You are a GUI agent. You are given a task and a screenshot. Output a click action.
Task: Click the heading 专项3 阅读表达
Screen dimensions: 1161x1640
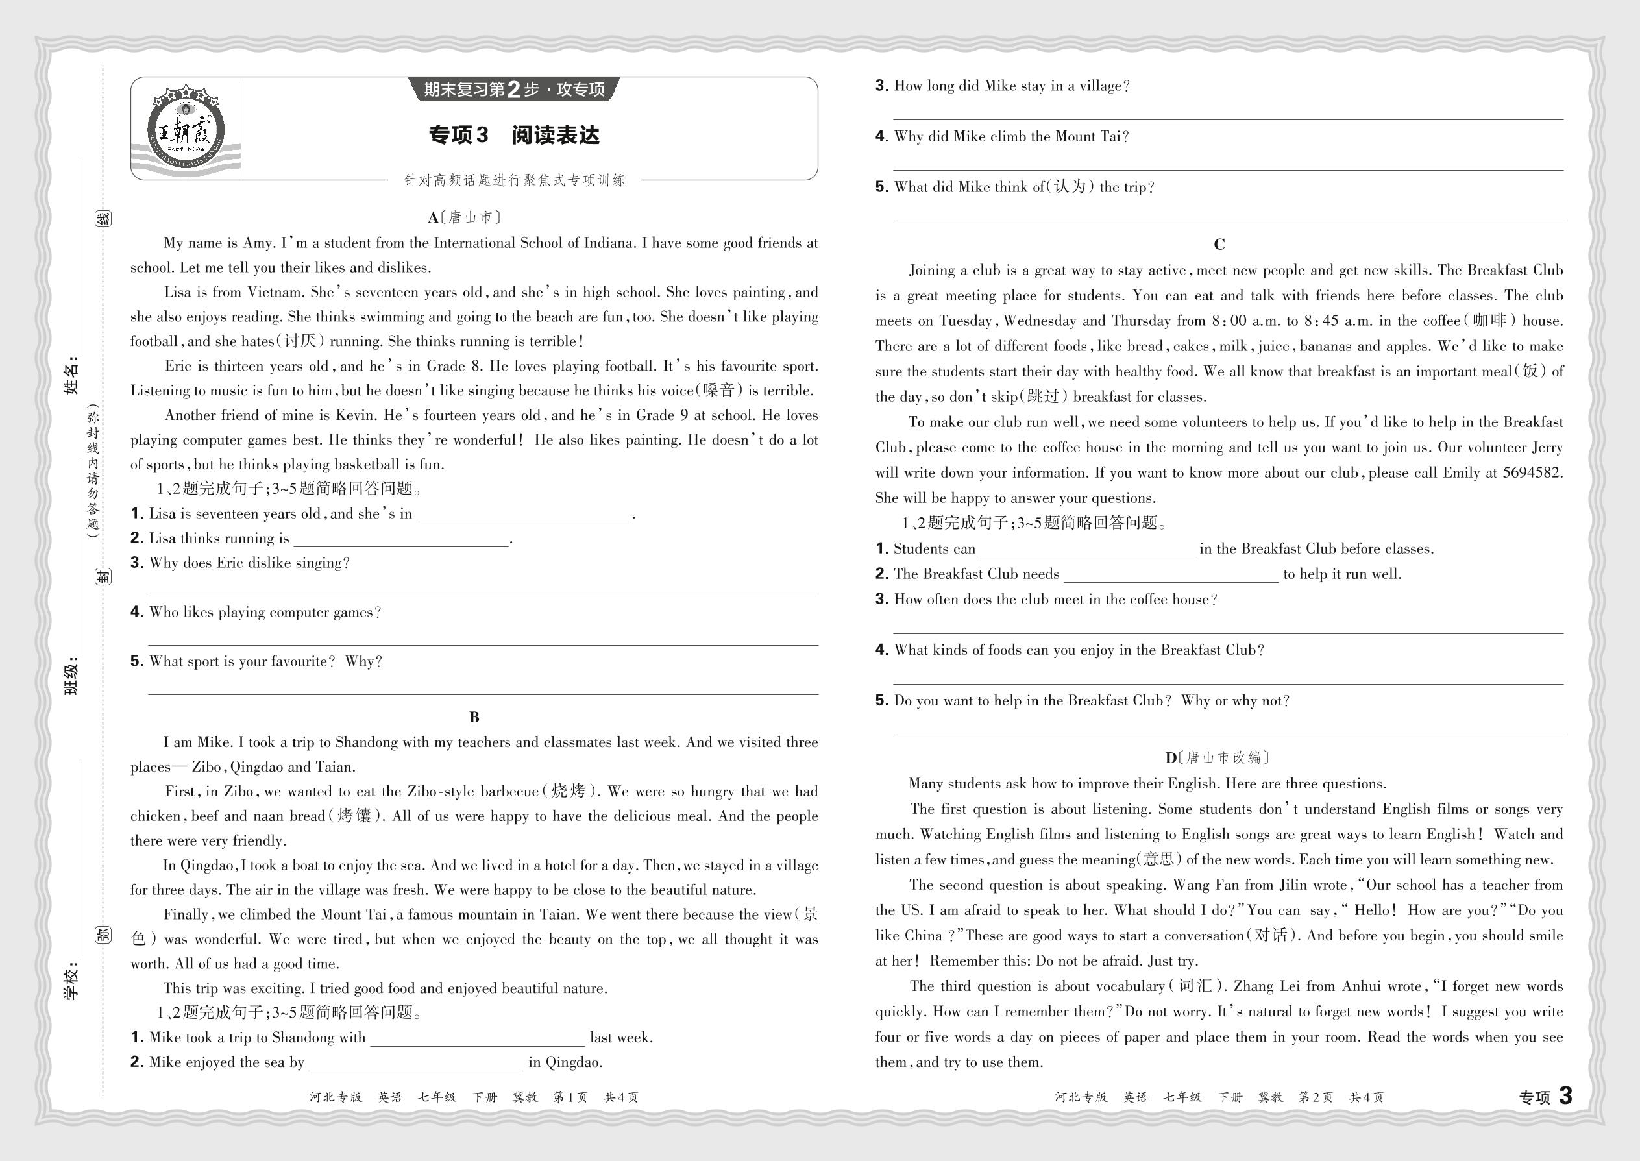click(514, 135)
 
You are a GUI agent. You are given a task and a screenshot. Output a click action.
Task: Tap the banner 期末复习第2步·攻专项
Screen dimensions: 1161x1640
click(514, 90)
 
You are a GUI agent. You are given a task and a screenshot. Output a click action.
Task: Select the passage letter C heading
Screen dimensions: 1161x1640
click(1219, 245)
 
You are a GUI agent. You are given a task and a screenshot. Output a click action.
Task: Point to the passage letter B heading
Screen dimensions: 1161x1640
click(474, 717)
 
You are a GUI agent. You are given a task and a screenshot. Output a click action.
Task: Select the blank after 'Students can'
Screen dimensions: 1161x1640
click(1086, 550)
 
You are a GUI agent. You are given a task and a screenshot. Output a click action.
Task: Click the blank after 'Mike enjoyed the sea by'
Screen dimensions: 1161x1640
click(416, 1063)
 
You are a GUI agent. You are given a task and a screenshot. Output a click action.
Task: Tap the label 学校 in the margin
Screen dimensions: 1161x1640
click(71, 983)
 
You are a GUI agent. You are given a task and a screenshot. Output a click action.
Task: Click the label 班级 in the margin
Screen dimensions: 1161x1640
click(71, 676)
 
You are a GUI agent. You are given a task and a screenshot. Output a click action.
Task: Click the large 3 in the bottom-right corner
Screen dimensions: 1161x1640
click(1565, 1096)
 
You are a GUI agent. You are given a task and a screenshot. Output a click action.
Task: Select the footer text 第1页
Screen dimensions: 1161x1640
click(570, 1097)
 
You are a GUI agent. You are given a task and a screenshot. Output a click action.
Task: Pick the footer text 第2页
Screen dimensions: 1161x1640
click(1316, 1097)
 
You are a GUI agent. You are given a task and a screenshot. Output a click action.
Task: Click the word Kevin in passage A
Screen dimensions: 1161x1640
click(355, 415)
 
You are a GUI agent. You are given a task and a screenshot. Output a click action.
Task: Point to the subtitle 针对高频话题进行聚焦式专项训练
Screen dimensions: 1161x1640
click(515, 180)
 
